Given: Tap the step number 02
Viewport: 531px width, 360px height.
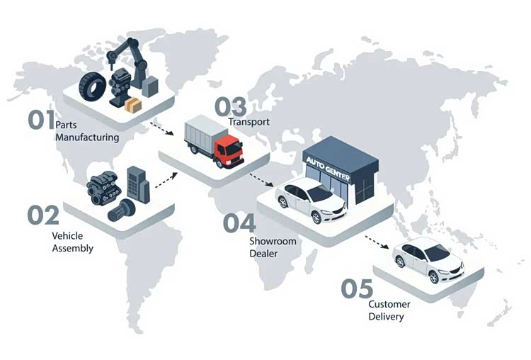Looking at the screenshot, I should coord(43,215).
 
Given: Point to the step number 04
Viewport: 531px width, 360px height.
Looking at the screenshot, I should coord(239,223).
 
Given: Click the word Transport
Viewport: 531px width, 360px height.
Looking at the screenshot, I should coord(249,122).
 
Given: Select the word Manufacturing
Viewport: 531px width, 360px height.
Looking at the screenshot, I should coord(87,137).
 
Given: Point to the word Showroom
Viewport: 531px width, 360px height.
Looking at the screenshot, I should coord(273,241).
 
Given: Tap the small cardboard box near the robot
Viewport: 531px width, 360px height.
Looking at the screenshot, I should coord(132,105).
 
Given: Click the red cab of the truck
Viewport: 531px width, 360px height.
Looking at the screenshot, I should coord(228,151).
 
